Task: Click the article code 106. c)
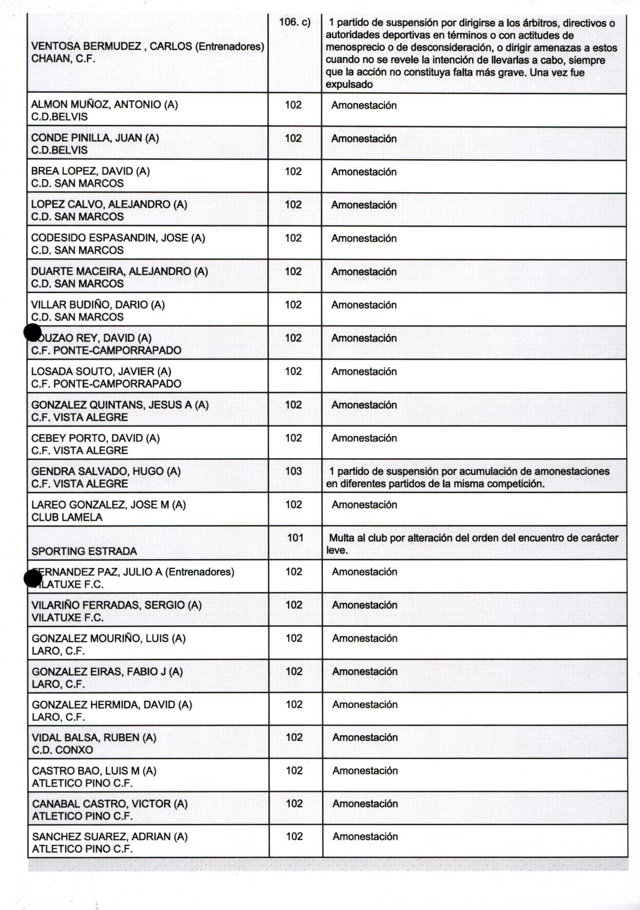[294, 22]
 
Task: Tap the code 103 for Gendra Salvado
[293, 471]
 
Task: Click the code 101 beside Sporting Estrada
[295, 538]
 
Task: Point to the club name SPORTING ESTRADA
[84, 551]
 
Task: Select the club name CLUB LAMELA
[67, 517]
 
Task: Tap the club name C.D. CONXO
[63, 750]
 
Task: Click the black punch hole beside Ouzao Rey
[32, 332]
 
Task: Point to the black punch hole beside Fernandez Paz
[33, 579]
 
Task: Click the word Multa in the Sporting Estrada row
[341, 538]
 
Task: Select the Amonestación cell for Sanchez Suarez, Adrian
[365, 836]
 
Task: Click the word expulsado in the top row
[349, 84]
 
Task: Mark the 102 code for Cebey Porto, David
[293, 437]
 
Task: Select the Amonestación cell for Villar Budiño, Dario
[364, 305]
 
